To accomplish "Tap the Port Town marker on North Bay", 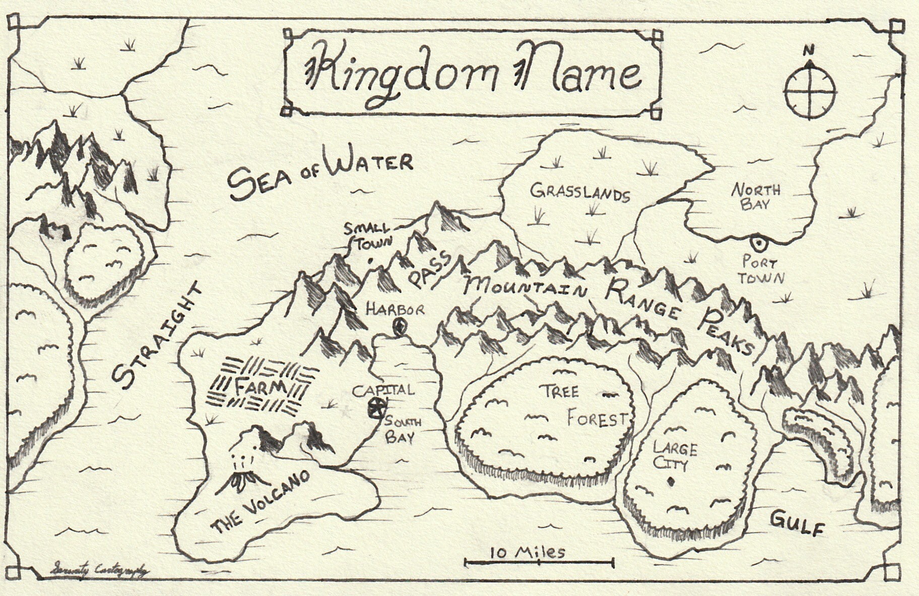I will pos(757,243).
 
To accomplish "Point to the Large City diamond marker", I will pos(670,482).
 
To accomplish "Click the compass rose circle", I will pos(810,94).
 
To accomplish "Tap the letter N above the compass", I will pos(809,50).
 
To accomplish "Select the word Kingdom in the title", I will pos(401,73).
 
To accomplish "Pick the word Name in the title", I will pos(579,73).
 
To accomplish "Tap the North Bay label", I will pos(756,197).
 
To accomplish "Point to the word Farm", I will pos(260,387).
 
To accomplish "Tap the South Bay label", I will pos(401,430).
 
